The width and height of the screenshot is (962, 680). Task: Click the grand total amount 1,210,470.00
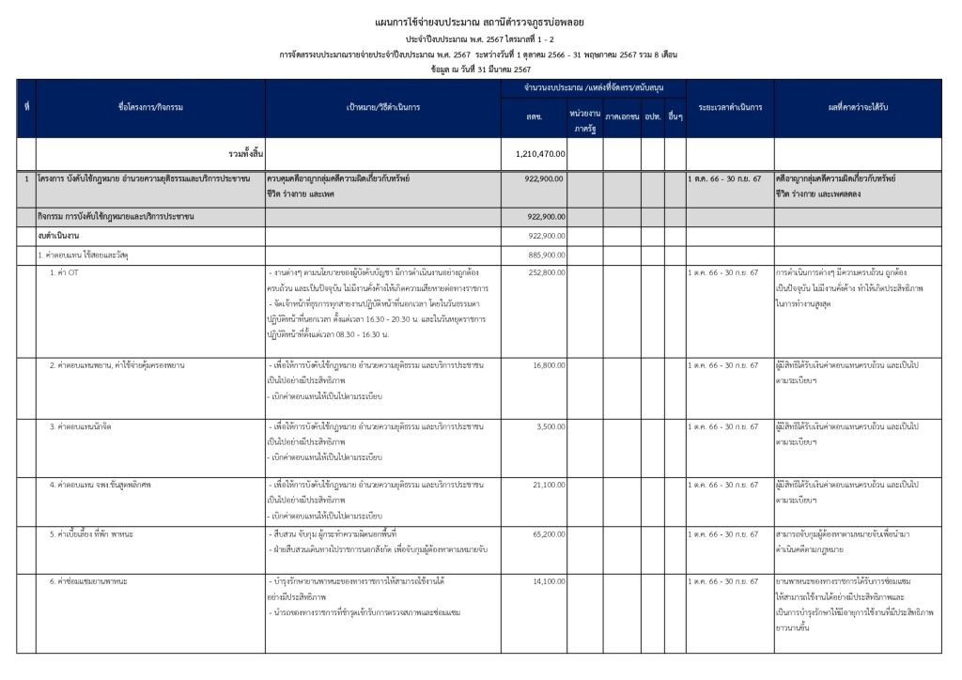pos(540,153)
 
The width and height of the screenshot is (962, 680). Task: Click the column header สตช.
pos(533,116)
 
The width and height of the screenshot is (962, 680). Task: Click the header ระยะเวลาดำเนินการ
pos(729,107)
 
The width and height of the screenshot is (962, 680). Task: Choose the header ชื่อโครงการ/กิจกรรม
pos(150,107)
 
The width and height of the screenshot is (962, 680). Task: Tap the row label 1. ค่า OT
pos(65,272)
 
